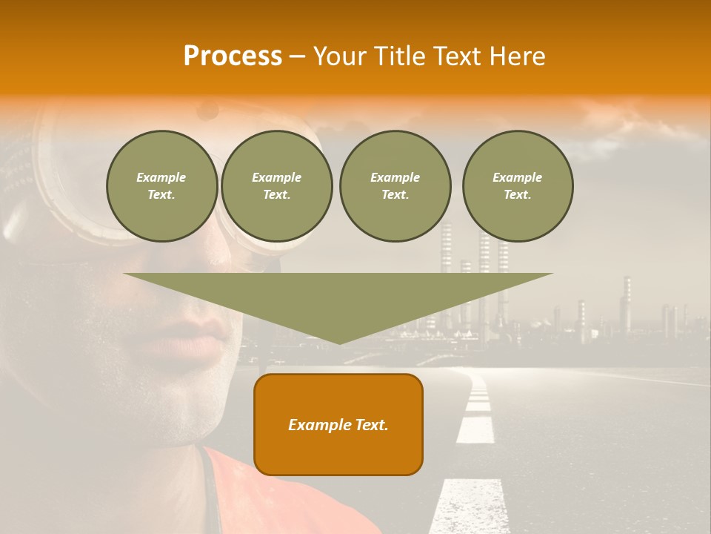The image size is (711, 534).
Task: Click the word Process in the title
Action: [x=233, y=56]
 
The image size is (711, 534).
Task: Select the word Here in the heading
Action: [x=518, y=56]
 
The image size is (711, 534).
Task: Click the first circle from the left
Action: [x=161, y=186]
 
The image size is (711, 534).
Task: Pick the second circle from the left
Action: [x=276, y=186]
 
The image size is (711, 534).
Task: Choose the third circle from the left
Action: [x=395, y=186]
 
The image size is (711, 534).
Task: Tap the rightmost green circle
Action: [x=517, y=186]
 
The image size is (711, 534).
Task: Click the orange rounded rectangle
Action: [x=338, y=424]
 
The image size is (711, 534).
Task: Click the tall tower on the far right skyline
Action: [x=627, y=304]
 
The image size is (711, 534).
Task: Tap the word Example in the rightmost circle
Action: [x=517, y=177]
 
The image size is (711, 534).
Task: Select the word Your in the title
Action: [x=338, y=56]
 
